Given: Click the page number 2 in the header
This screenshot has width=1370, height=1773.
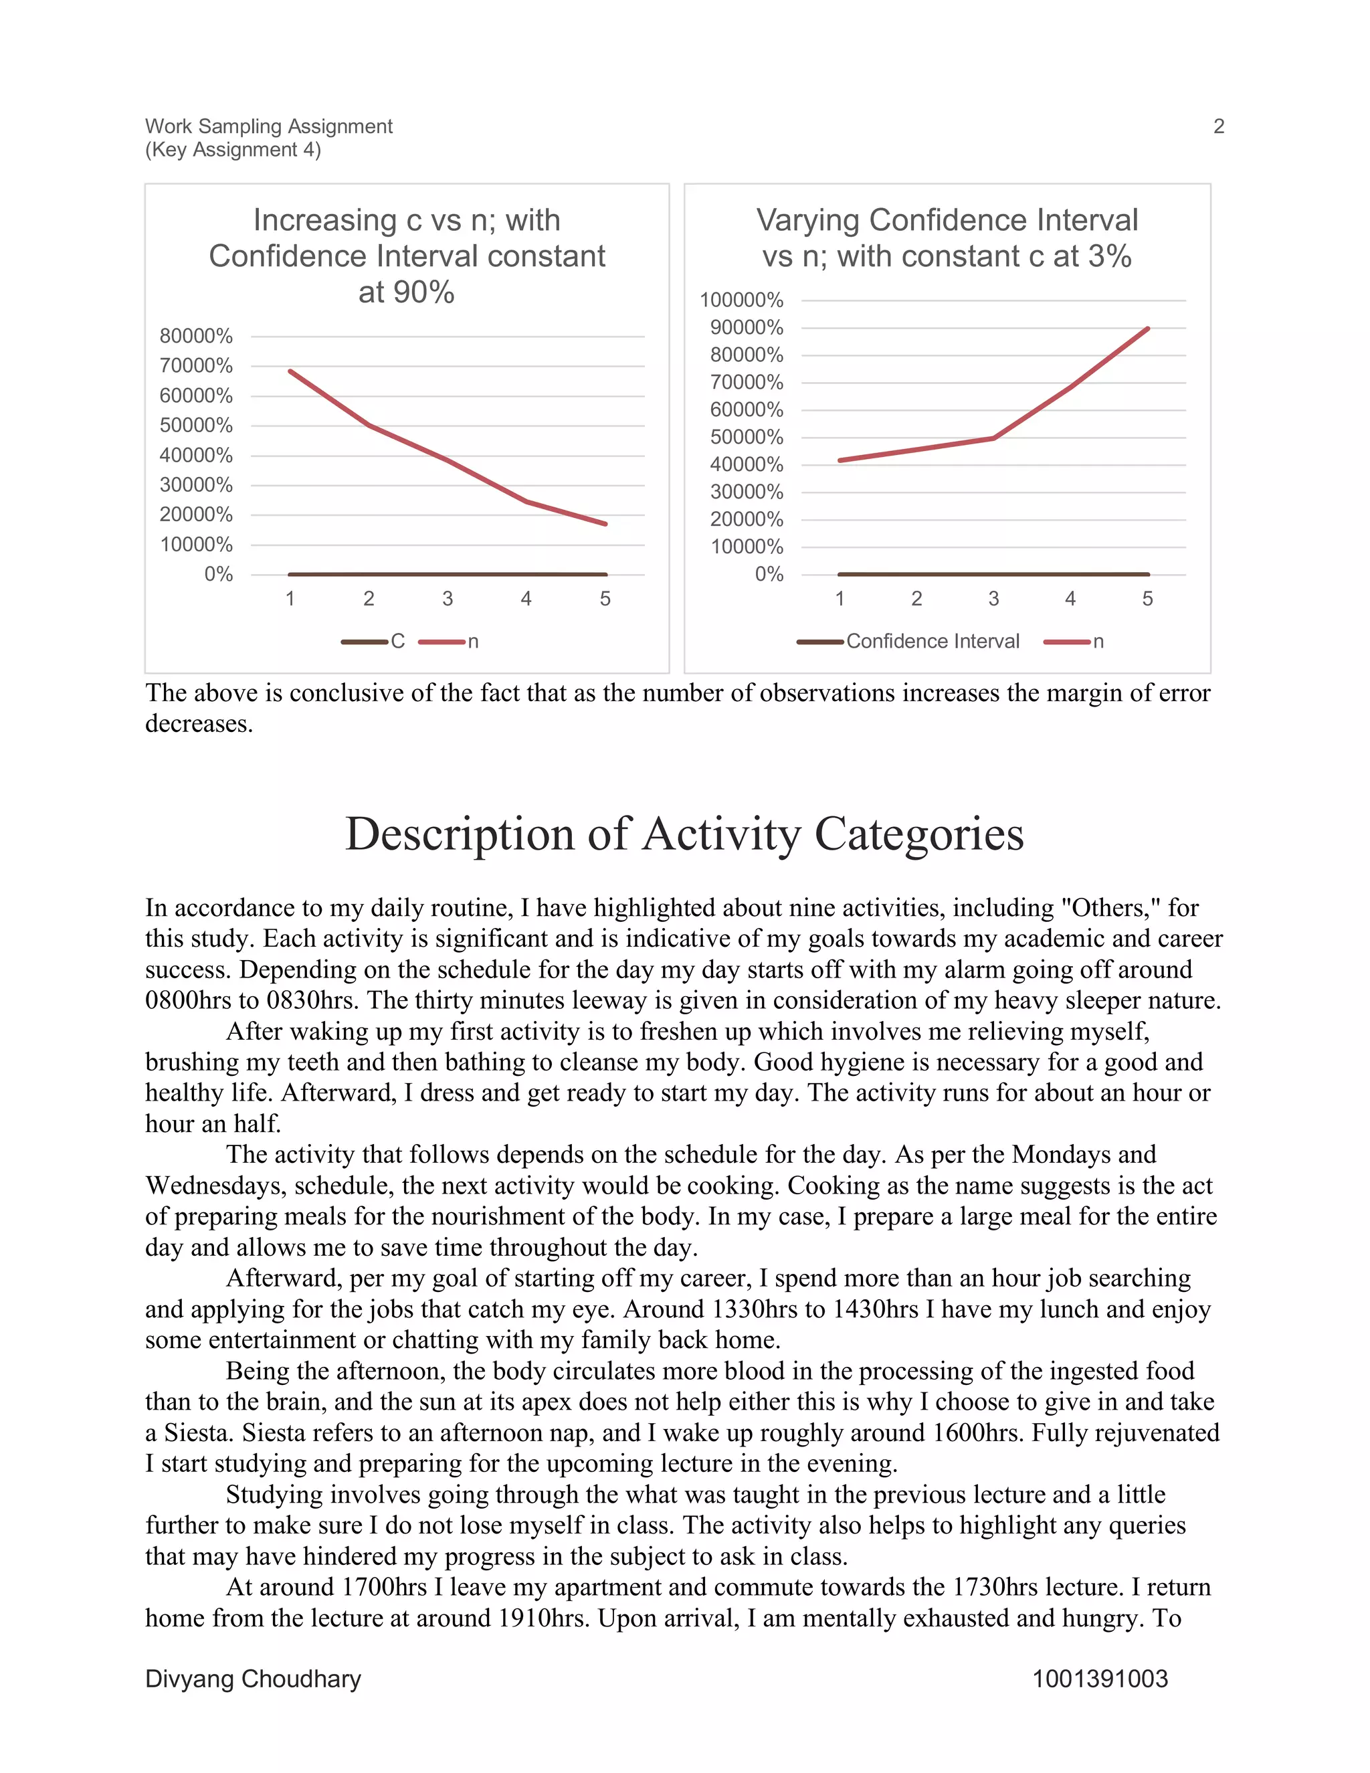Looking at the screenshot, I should coord(1218,126).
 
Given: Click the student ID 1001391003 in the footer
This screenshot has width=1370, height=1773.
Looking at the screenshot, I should coord(1100,1679).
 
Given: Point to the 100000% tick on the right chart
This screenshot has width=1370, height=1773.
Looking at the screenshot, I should coord(741,300).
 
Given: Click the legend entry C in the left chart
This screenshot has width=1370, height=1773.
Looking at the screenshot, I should coord(397,642).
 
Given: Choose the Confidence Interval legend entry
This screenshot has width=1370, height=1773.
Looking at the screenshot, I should coord(932,642).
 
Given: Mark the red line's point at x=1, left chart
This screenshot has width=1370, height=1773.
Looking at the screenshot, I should coord(290,371).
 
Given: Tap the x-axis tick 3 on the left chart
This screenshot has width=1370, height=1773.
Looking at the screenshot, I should coord(448,599).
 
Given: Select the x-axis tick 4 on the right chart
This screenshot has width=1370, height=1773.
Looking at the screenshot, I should coord(1070,599).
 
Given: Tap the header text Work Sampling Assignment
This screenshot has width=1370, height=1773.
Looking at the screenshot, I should coord(269,126).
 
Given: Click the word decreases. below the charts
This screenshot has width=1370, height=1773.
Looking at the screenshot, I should coord(199,723).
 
